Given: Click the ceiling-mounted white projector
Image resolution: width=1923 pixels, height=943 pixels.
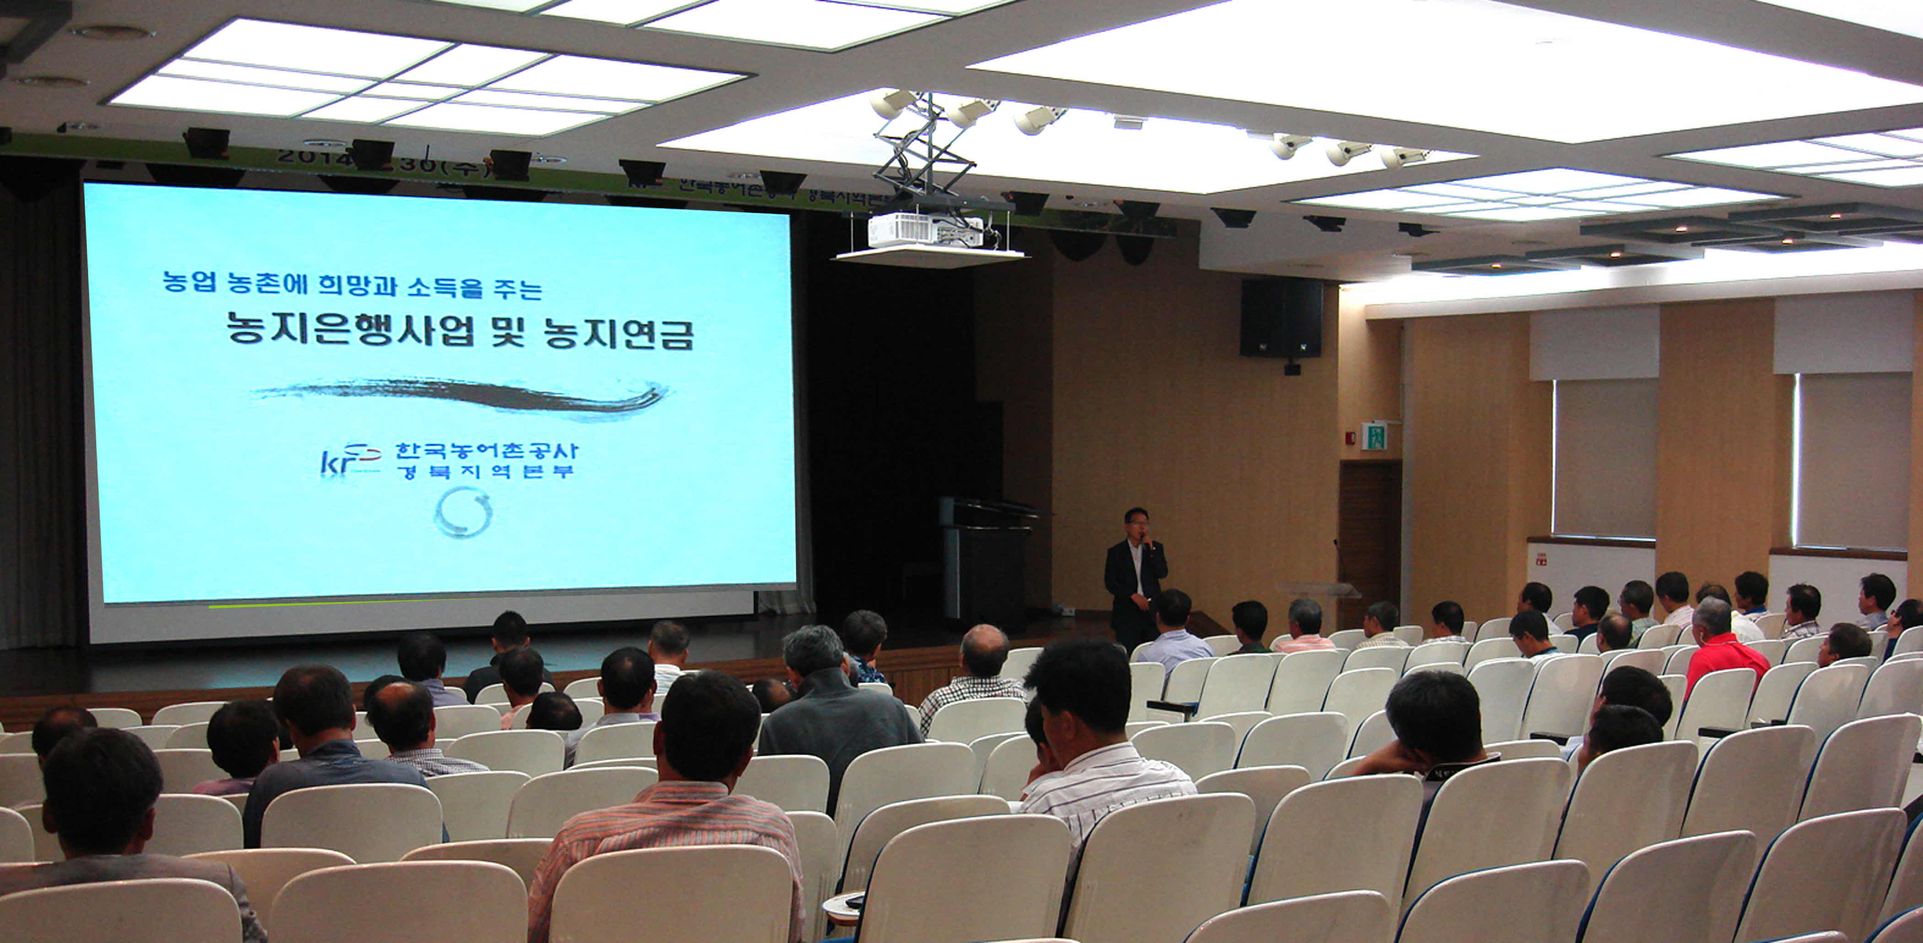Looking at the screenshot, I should pos(926,230).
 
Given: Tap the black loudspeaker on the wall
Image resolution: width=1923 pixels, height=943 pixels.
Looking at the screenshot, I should pos(1281,318).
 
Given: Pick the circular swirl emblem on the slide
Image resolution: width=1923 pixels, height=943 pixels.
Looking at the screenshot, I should pos(463,513).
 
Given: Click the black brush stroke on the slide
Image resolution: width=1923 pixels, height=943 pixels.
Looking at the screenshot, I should pos(463,396).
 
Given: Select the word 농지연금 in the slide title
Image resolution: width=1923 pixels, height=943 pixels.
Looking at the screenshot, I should pos(619,333).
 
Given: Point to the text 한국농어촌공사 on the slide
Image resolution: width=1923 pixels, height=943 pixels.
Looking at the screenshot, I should pos(486,451).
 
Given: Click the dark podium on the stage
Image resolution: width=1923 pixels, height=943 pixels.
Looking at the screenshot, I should pos(984,560).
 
